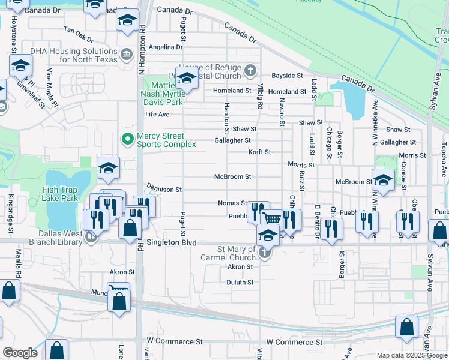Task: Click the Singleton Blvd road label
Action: pos(172,243)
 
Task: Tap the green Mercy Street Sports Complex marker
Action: pos(127,140)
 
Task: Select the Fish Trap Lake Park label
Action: pos(61,194)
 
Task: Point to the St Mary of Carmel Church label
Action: pos(228,254)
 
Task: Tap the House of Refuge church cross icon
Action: pos(251,71)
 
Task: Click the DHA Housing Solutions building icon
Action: pos(127,55)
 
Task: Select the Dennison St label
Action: pos(163,189)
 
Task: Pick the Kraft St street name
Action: pos(260,152)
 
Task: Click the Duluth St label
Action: pos(240,282)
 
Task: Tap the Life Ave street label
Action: pos(157,114)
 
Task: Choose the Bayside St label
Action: pos(287,76)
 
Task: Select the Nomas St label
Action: pos(232,203)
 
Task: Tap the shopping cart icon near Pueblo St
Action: pos(272,220)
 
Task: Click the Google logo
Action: pos(20,353)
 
